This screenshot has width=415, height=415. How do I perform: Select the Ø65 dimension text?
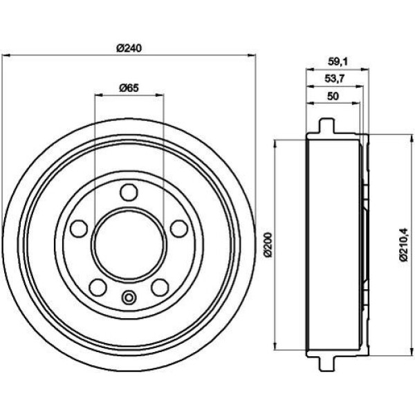click(129, 87)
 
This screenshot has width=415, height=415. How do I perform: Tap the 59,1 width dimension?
click(337, 61)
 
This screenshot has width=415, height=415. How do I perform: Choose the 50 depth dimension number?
click(333, 96)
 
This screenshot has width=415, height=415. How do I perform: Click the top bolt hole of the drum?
click(129, 192)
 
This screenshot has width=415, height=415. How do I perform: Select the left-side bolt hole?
click(79, 228)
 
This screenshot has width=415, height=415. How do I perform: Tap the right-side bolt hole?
click(178, 228)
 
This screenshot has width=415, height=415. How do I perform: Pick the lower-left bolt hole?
click(98, 286)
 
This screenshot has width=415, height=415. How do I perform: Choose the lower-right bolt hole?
click(160, 286)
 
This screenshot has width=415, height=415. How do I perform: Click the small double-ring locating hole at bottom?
click(129, 297)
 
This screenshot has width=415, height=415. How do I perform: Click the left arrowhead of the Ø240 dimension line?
click(6, 55)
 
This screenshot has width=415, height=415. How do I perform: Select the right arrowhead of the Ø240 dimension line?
click(252, 55)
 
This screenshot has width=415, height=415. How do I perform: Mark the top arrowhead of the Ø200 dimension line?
click(276, 144)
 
